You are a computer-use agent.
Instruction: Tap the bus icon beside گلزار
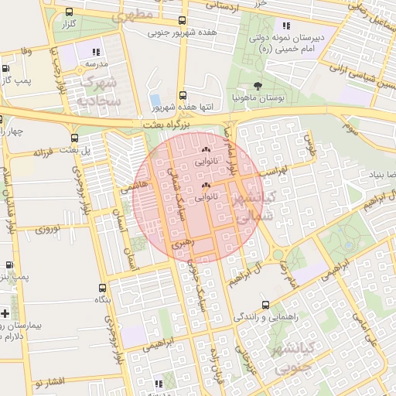tap(70, 12)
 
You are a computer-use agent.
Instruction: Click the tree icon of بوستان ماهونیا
tap(257, 87)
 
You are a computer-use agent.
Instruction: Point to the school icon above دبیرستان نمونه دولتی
tap(286, 26)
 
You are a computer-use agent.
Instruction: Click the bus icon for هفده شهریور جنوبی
tap(182, 21)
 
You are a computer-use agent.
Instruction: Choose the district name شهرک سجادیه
tap(98, 90)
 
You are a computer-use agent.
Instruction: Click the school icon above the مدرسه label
tap(95, 51)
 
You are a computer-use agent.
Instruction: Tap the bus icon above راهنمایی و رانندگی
tap(266, 305)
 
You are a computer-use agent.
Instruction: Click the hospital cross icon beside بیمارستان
tap(6, 313)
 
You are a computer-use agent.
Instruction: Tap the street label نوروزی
tap(46, 228)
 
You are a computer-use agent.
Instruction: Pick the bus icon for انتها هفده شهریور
tap(183, 94)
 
